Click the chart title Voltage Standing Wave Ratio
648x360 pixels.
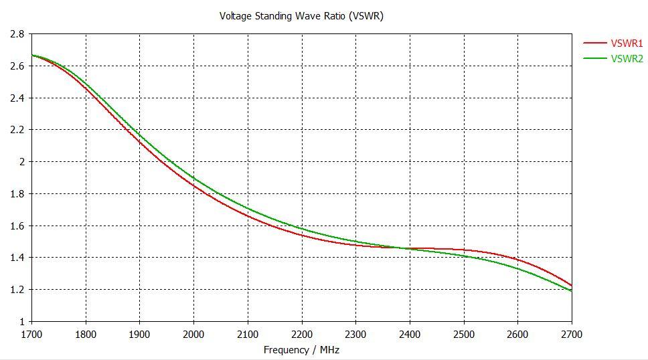(x=301, y=16)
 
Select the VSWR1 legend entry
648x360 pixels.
(x=627, y=43)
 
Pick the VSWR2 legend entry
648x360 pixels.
(x=627, y=59)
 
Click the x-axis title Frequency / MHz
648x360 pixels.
(x=301, y=350)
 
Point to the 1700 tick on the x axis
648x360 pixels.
(x=31, y=334)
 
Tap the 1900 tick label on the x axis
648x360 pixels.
(x=139, y=334)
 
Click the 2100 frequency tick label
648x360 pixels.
(x=248, y=334)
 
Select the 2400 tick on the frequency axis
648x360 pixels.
(x=410, y=334)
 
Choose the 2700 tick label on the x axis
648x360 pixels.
(x=572, y=334)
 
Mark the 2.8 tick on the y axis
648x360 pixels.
(x=17, y=34)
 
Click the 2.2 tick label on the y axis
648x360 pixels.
(x=17, y=130)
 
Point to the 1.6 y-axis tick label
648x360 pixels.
(x=17, y=226)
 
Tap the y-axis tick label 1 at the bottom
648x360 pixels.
(x=21, y=322)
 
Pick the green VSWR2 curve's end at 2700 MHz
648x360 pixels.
(x=572, y=291)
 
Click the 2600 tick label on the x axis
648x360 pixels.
(x=517, y=334)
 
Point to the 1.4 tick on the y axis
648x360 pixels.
(x=17, y=258)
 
